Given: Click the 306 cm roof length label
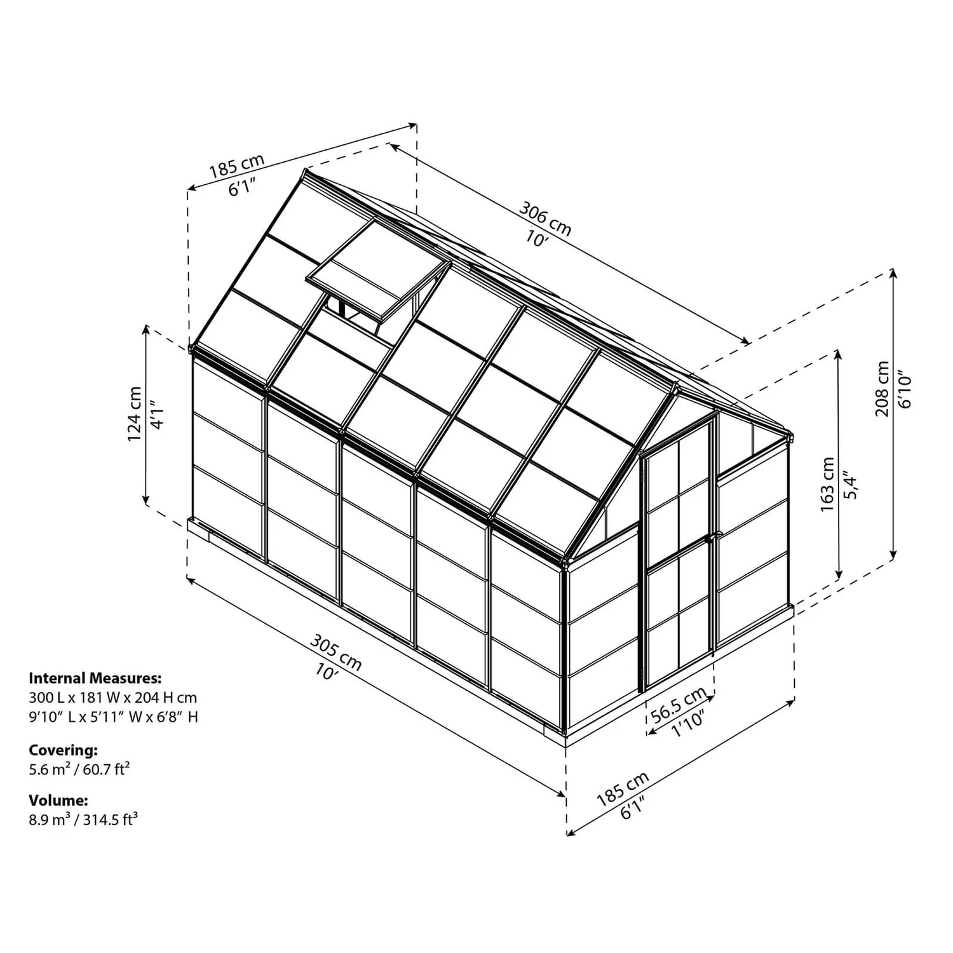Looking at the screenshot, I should pyautogui.click(x=545, y=218).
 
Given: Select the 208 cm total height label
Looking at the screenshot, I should pyautogui.click(x=882, y=388).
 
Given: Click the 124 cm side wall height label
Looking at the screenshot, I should pyautogui.click(x=135, y=414).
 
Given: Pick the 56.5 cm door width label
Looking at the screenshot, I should pyautogui.click(x=679, y=704).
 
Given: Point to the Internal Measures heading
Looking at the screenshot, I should pyautogui.click(x=95, y=678).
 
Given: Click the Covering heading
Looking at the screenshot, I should pyautogui.click(x=64, y=750).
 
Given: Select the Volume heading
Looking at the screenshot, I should pyautogui.click(x=58, y=800).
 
